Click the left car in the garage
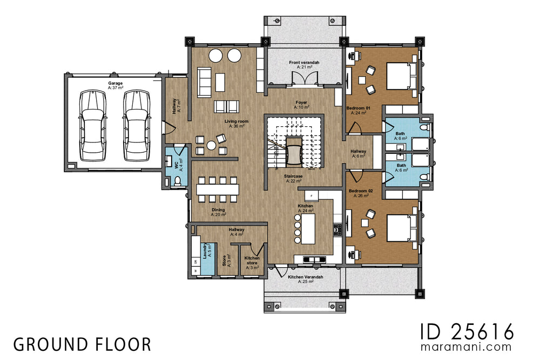pyautogui.click(x=93, y=125)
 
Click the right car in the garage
pyautogui.click(x=136, y=125)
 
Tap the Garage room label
pyautogui.click(x=115, y=85)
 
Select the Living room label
pyautogui.click(x=237, y=124)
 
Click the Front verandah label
pyautogui.click(x=304, y=65)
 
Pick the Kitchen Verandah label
pyautogui.click(x=305, y=279)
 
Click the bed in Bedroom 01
pyautogui.click(x=399, y=75)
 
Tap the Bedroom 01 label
pyautogui.click(x=359, y=111)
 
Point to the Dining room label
pyautogui.click(x=218, y=212)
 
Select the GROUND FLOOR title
pyautogui.click(x=82, y=344)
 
